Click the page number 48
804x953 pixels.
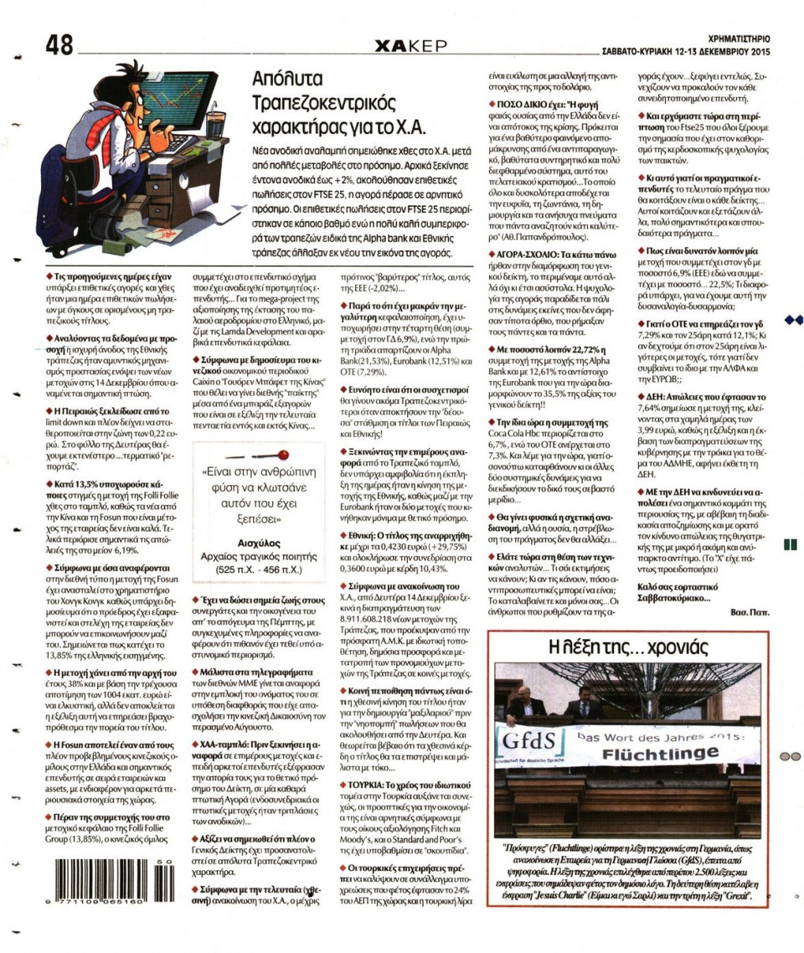tap(61, 45)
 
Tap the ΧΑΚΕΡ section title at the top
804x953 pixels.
tap(411, 45)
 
